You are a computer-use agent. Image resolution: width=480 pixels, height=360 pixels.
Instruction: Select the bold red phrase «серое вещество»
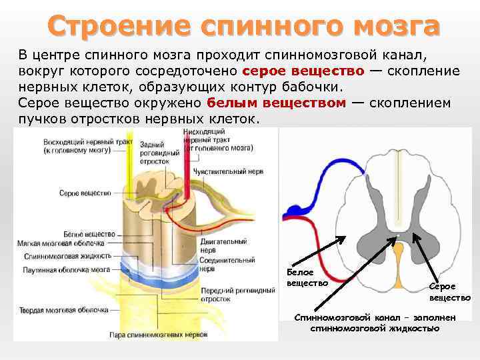(303, 71)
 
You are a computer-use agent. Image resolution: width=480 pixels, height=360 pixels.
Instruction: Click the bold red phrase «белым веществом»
(276, 103)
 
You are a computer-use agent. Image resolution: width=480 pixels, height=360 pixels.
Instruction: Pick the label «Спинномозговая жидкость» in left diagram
(63, 255)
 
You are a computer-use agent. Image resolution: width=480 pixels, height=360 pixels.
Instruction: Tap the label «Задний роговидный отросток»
(159, 153)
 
